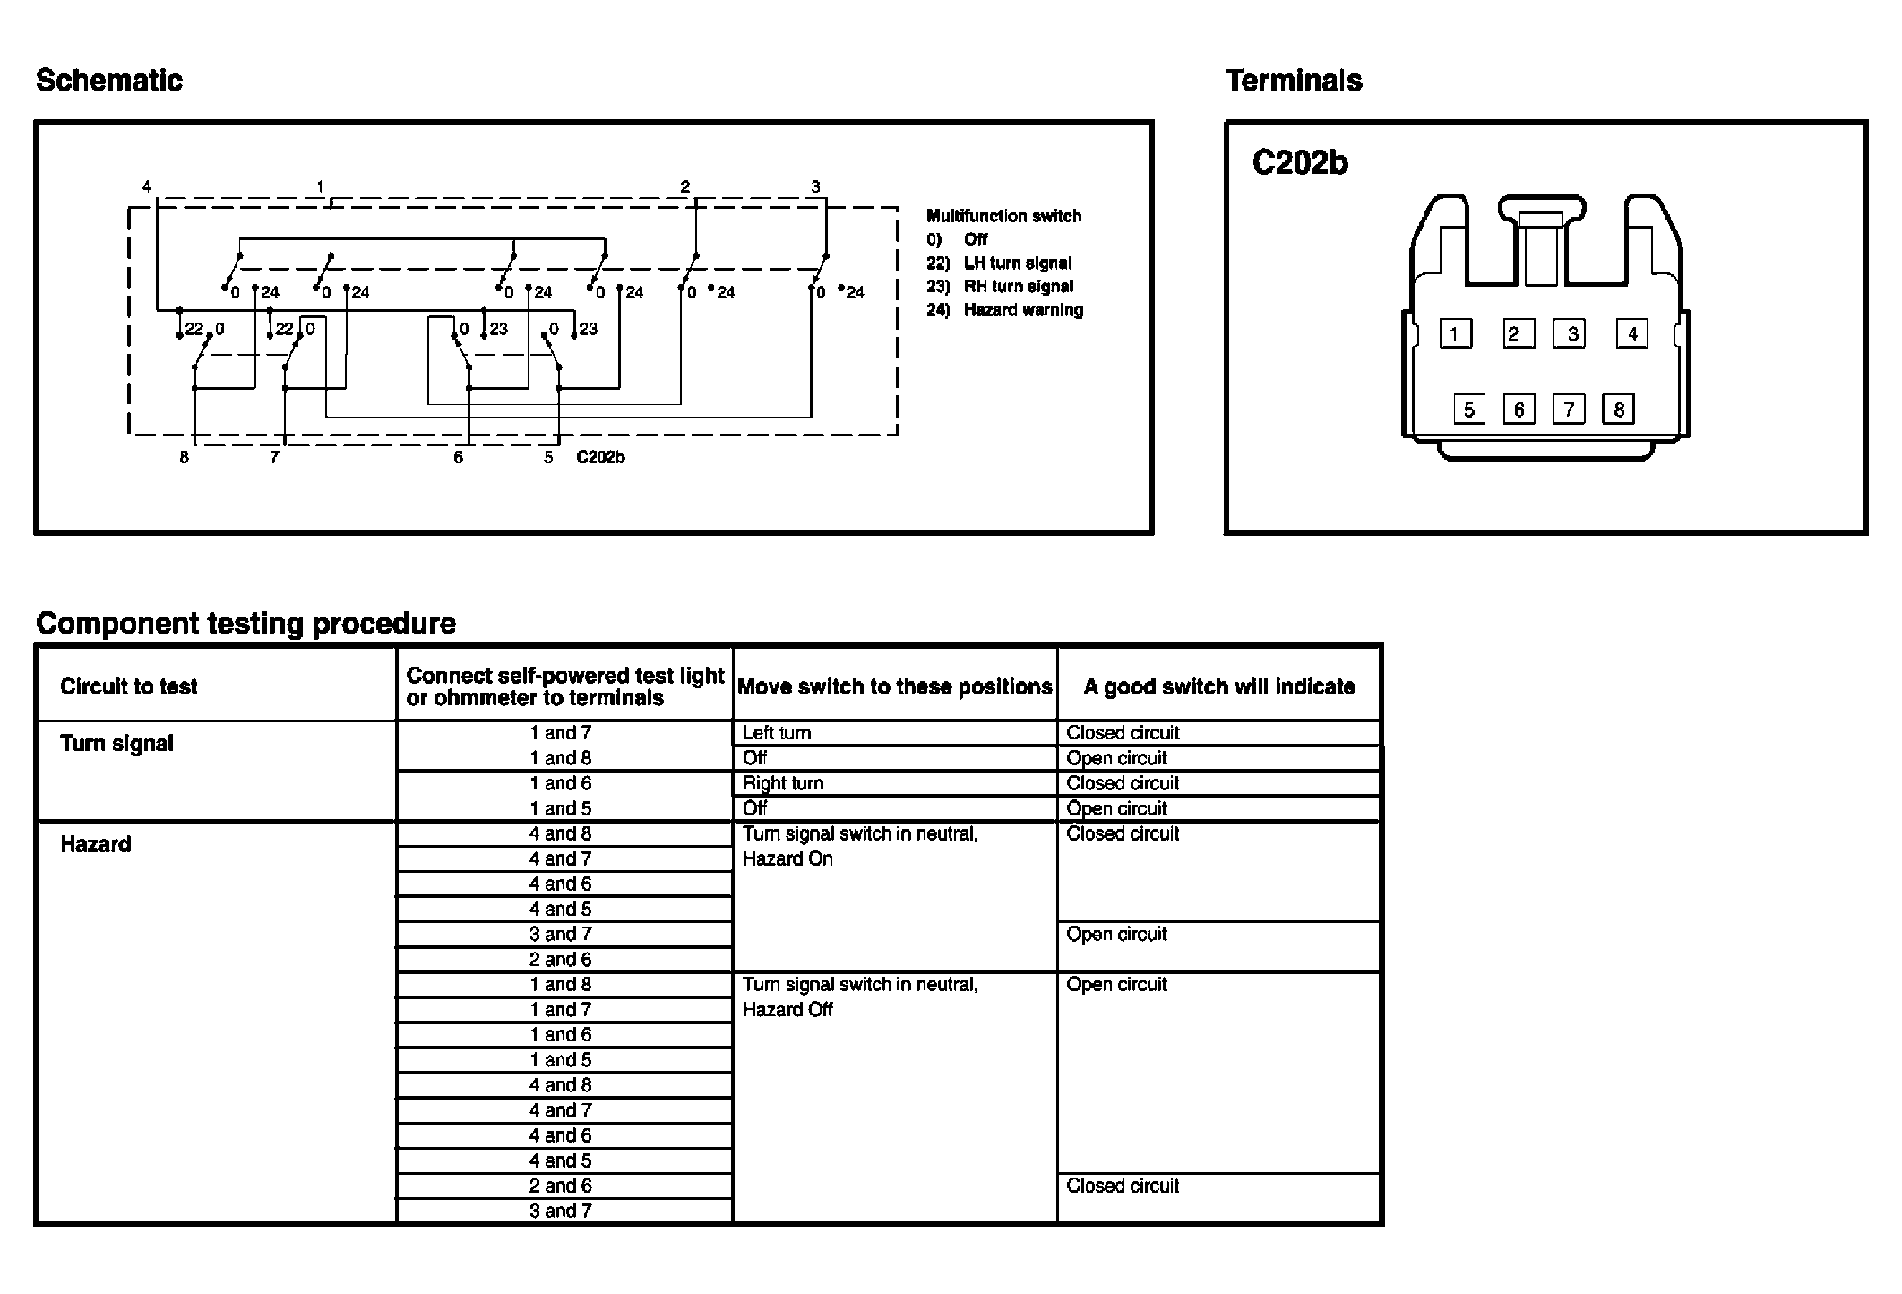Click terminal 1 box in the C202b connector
(x=1455, y=334)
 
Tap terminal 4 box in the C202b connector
(x=1631, y=334)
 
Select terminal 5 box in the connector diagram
(x=1469, y=410)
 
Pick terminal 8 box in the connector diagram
(x=1618, y=410)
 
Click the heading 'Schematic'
(x=109, y=81)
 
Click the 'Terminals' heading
(x=1294, y=81)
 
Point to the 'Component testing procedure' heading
(x=245, y=624)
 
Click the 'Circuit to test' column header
(x=128, y=686)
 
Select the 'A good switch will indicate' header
(x=1218, y=686)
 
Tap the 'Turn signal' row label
(x=116, y=743)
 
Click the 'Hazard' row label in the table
(x=95, y=844)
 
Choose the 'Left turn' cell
(x=777, y=733)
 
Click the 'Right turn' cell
(x=783, y=783)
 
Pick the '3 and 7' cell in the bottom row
(x=560, y=1211)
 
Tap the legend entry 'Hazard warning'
(x=1023, y=310)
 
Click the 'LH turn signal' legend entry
(x=1018, y=263)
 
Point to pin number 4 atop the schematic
(x=147, y=186)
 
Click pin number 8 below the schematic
(x=184, y=457)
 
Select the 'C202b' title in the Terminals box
(x=1299, y=163)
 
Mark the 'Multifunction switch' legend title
(x=1003, y=216)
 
